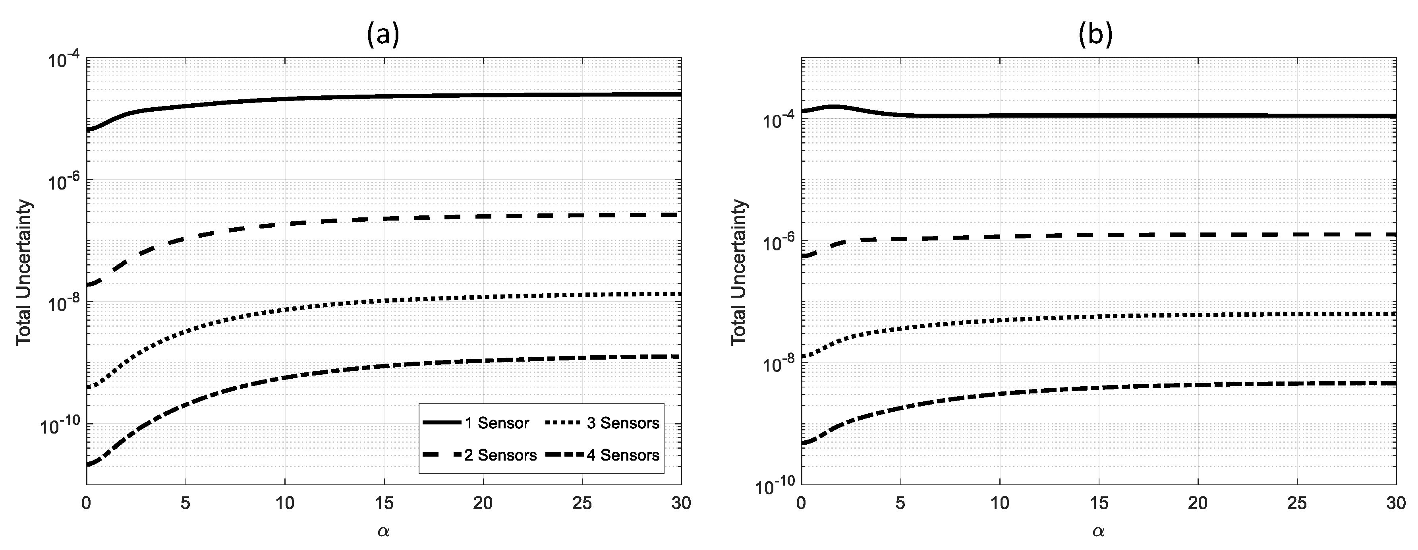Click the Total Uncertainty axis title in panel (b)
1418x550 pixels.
[739, 273]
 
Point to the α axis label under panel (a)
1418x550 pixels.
[384, 531]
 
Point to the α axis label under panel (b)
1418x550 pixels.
[1098, 531]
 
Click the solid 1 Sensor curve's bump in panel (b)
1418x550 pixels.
[834, 107]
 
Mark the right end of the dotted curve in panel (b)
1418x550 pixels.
[1394, 314]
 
